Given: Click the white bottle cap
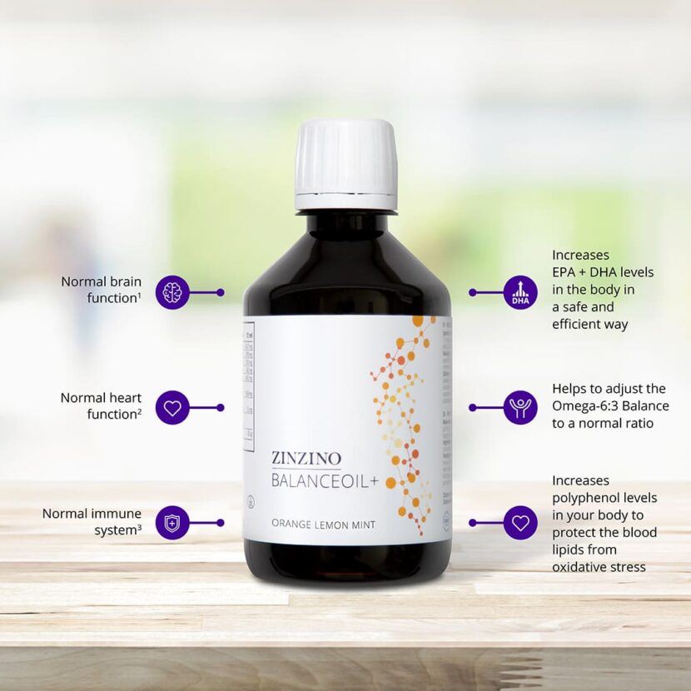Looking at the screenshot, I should (x=345, y=163).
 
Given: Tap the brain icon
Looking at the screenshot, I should (x=172, y=292).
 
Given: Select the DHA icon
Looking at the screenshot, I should (x=520, y=292).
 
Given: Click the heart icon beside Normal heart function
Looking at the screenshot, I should (x=172, y=408).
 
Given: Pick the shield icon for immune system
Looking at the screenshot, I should (x=172, y=523).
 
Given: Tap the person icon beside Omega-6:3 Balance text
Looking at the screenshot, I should (x=520, y=408).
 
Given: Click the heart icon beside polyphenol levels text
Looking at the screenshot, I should (x=520, y=523).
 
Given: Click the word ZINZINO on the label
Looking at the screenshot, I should (x=306, y=457).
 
